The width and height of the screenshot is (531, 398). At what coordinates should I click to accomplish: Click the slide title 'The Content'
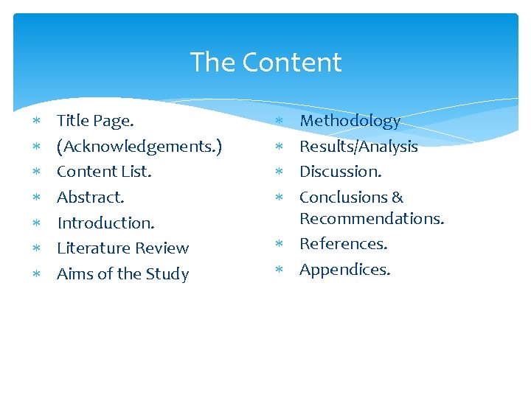coord(265,63)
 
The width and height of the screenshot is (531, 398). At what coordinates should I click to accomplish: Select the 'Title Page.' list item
coord(95,121)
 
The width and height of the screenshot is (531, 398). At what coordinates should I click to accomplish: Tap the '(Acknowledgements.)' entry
coord(139,147)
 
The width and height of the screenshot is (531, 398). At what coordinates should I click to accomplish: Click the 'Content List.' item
coord(104,172)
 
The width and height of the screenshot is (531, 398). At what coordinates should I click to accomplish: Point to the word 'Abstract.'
coord(91,198)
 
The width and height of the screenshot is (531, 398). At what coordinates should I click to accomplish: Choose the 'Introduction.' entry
coord(105,223)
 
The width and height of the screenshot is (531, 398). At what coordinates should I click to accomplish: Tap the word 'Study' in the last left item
coord(167,274)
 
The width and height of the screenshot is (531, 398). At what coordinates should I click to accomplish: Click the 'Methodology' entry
coord(350,121)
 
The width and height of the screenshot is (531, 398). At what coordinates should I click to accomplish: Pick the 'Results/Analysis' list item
coord(358,147)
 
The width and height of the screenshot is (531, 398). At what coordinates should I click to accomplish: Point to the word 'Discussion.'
coord(341,172)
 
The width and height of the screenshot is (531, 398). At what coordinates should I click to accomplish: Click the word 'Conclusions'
coord(342,198)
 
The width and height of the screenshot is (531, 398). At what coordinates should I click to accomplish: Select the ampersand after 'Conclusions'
coord(398,198)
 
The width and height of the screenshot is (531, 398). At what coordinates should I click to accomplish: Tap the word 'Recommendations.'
coord(372,219)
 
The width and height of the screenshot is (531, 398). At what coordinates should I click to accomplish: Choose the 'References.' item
coord(343,244)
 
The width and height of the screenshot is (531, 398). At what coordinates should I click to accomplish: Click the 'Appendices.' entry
coord(344,270)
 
